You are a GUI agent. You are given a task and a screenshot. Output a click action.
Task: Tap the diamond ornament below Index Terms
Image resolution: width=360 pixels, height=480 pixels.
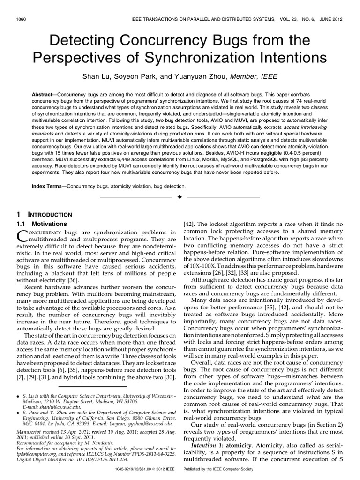(x=179, y=197)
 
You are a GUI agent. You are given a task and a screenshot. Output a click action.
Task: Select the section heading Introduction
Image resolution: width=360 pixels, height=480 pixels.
(x=45, y=214)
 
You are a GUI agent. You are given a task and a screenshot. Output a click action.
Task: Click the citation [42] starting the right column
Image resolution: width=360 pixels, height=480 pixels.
(x=189, y=225)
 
